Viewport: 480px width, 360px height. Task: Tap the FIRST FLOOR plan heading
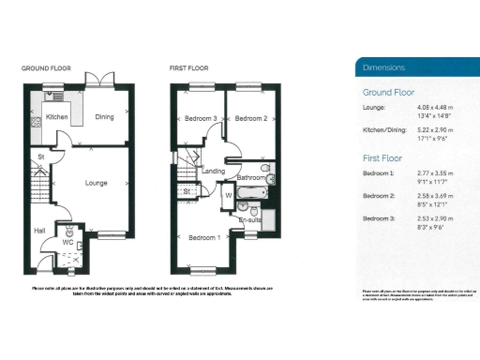click(189, 68)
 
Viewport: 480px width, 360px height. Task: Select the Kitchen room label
click(57, 117)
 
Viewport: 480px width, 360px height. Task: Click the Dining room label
click(104, 117)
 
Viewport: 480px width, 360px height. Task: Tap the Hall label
click(38, 229)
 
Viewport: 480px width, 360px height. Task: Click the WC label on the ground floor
click(67, 242)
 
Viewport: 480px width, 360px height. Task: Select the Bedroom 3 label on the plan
click(201, 119)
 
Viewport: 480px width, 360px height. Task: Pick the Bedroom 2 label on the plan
click(251, 119)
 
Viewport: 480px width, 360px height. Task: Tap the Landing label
click(213, 172)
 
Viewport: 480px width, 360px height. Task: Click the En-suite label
click(250, 220)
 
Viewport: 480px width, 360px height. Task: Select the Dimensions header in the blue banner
click(384, 67)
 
